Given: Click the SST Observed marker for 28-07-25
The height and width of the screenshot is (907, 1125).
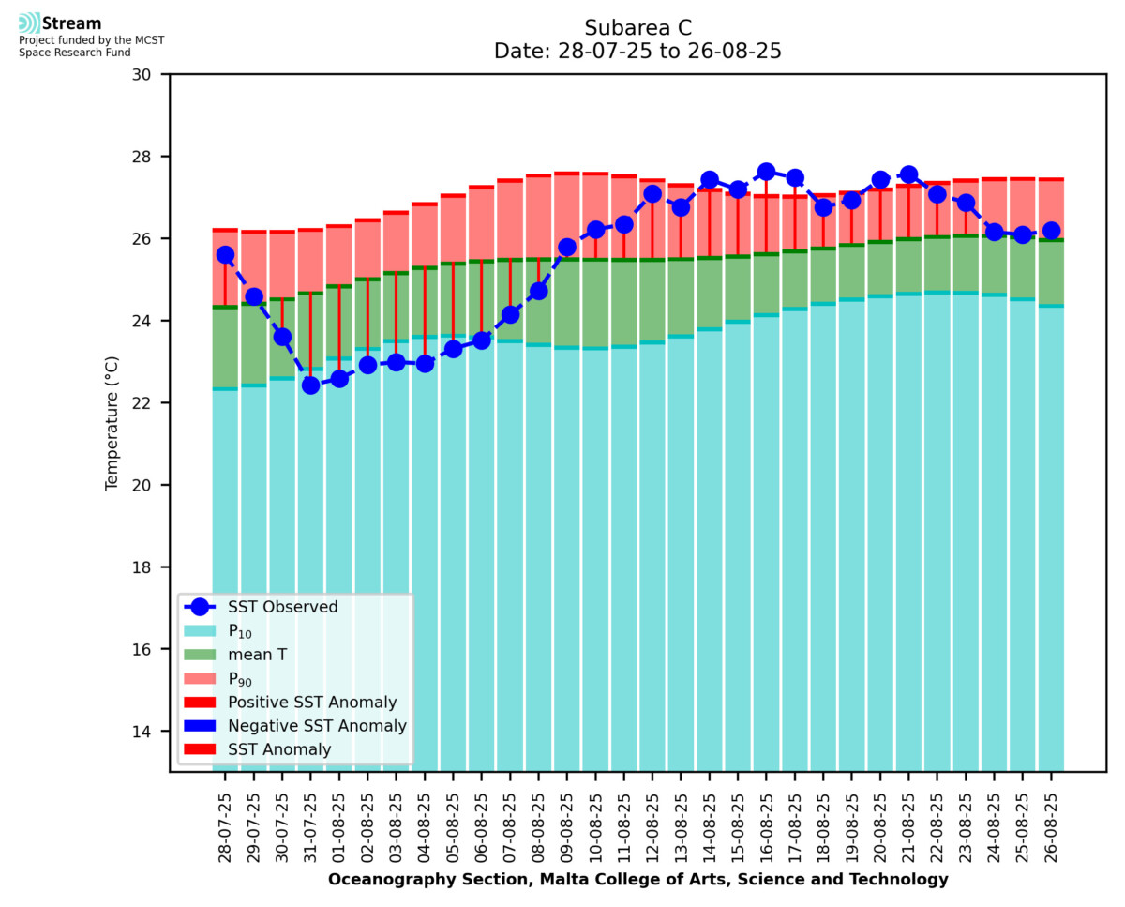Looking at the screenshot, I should pyautogui.click(x=225, y=255).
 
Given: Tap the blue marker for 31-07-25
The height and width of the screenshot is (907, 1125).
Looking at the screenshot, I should pyautogui.click(x=310, y=385).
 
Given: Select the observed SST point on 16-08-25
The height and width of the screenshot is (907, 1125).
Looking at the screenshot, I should pyautogui.click(x=766, y=172).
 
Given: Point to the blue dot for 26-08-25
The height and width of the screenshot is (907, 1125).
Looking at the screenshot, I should pyautogui.click(x=1051, y=231).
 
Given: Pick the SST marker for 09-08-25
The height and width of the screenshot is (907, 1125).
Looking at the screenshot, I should pyautogui.click(x=566, y=248).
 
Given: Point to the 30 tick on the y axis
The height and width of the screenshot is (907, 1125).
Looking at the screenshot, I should pyautogui.click(x=150, y=74).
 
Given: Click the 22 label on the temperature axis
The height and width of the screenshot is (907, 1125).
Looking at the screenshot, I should pyautogui.click(x=150, y=403).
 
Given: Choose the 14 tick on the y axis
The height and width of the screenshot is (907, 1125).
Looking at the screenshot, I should pyautogui.click(x=150, y=732).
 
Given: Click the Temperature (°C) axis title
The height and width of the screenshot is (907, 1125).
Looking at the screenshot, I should pyautogui.click(x=112, y=422).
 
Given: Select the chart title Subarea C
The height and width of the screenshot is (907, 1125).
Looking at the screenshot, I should pyautogui.click(x=637, y=27).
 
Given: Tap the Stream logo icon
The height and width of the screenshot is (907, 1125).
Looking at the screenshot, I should pyautogui.click(x=29, y=23).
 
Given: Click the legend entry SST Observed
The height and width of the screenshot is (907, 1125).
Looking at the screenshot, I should pyautogui.click(x=283, y=607).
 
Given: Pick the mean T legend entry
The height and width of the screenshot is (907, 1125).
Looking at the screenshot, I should pyautogui.click(x=257, y=655).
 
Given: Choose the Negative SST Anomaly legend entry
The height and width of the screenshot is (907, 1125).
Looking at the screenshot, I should pyautogui.click(x=317, y=726).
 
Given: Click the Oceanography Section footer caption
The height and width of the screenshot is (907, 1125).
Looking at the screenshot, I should pyautogui.click(x=637, y=880).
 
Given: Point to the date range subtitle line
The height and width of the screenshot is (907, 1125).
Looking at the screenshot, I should pyautogui.click(x=637, y=52).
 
